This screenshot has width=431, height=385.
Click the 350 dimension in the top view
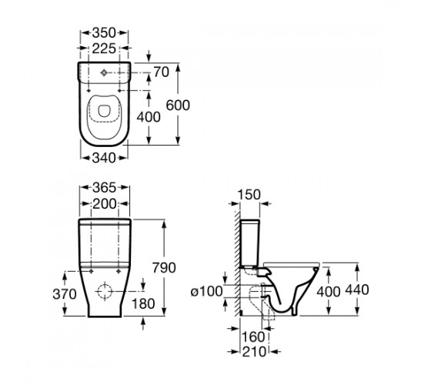pos(104,33)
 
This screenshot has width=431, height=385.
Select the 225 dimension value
pos(104,49)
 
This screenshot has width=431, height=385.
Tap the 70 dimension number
pos(161,72)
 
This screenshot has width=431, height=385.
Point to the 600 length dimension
pos(178,105)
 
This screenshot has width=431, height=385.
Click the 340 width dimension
pos(104,158)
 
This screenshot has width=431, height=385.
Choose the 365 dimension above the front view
pos(105,188)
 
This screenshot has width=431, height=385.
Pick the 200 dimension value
pos(105,204)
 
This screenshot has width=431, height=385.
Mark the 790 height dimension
pos(164,268)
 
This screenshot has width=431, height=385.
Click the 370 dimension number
pos(65,294)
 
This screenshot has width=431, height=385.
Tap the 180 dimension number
pos(143,303)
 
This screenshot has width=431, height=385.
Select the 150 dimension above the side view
pos(249,195)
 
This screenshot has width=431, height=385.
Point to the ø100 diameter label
pos(207,291)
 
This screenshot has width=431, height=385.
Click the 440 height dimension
pos(357,290)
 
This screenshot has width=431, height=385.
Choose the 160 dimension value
pos(253,336)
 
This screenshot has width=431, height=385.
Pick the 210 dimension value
pos(254,352)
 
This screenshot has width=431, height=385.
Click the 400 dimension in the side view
pos(329,291)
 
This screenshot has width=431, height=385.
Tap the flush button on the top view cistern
pos(104,72)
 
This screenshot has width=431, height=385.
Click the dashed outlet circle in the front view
pos(105,291)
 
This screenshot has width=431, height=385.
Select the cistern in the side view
pos(249,243)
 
